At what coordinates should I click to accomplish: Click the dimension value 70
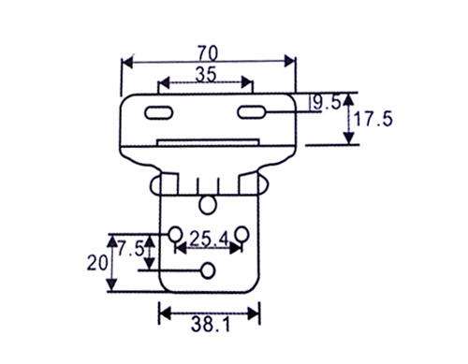coord(208,53)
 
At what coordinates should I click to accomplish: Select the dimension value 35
coord(206,75)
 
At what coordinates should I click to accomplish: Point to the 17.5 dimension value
coord(373,119)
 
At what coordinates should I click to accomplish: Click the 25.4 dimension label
coord(210,239)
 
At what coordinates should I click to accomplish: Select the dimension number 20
coord(97,263)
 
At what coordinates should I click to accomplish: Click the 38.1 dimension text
coord(211,325)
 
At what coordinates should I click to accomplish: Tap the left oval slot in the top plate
coord(159,112)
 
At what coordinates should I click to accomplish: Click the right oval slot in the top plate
coord(252,112)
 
